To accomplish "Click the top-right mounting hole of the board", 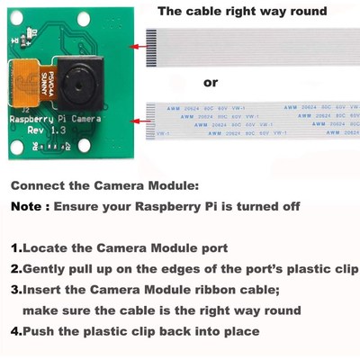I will click(x=115, y=25).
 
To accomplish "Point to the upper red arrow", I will click(x=140, y=45).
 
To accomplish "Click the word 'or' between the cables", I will click(x=211, y=82).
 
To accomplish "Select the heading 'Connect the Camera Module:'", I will click(x=104, y=186).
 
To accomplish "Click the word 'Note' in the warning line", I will click(x=29, y=206).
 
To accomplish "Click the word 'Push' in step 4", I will click(x=40, y=330).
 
